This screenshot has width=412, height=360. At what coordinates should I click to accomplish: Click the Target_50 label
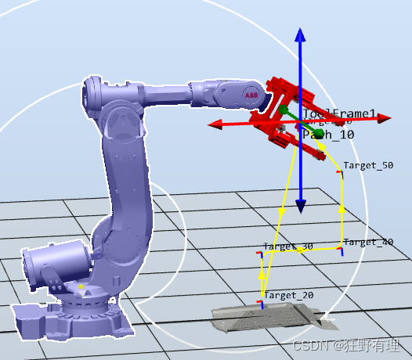click(368, 165)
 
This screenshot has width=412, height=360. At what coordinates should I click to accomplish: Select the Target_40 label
click(367, 243)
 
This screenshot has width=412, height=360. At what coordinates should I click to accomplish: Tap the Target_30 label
click(288, 247)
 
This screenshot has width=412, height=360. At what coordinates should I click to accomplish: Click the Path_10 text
click(328, 135)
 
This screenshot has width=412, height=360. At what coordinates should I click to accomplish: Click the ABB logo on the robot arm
click(251, 95)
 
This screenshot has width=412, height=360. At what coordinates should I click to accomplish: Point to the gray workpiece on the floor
click(266, 317)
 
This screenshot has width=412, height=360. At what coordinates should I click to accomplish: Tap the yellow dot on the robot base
click(81, 286)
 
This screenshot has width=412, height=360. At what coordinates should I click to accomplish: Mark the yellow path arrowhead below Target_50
click(342, 209)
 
